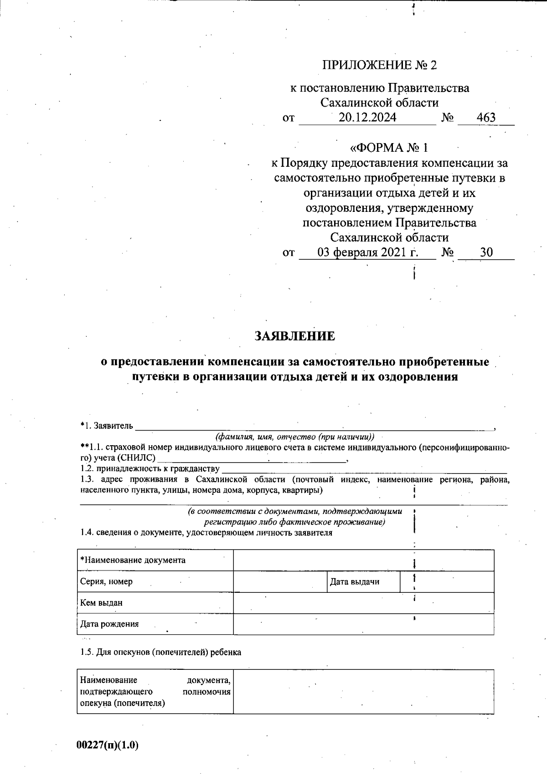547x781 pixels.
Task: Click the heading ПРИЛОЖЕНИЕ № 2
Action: (379, 65)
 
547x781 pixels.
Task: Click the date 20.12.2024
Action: (367, 118)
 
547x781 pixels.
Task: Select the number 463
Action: (486, 118)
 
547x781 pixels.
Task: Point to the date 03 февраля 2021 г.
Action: (367, 252)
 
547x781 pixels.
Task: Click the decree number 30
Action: (486, 252)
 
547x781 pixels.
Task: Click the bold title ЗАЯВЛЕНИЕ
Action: (294, 336)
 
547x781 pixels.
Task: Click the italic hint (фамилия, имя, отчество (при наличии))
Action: (295, 437)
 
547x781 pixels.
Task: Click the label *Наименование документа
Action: (133, 560)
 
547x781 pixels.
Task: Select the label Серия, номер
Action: (107, 581)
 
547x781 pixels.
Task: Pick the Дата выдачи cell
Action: (354, 581)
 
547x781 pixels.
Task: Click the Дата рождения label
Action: (109, 624)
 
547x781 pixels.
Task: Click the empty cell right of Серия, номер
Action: (279, 581)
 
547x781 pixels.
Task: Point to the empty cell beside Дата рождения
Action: (363, 624)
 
